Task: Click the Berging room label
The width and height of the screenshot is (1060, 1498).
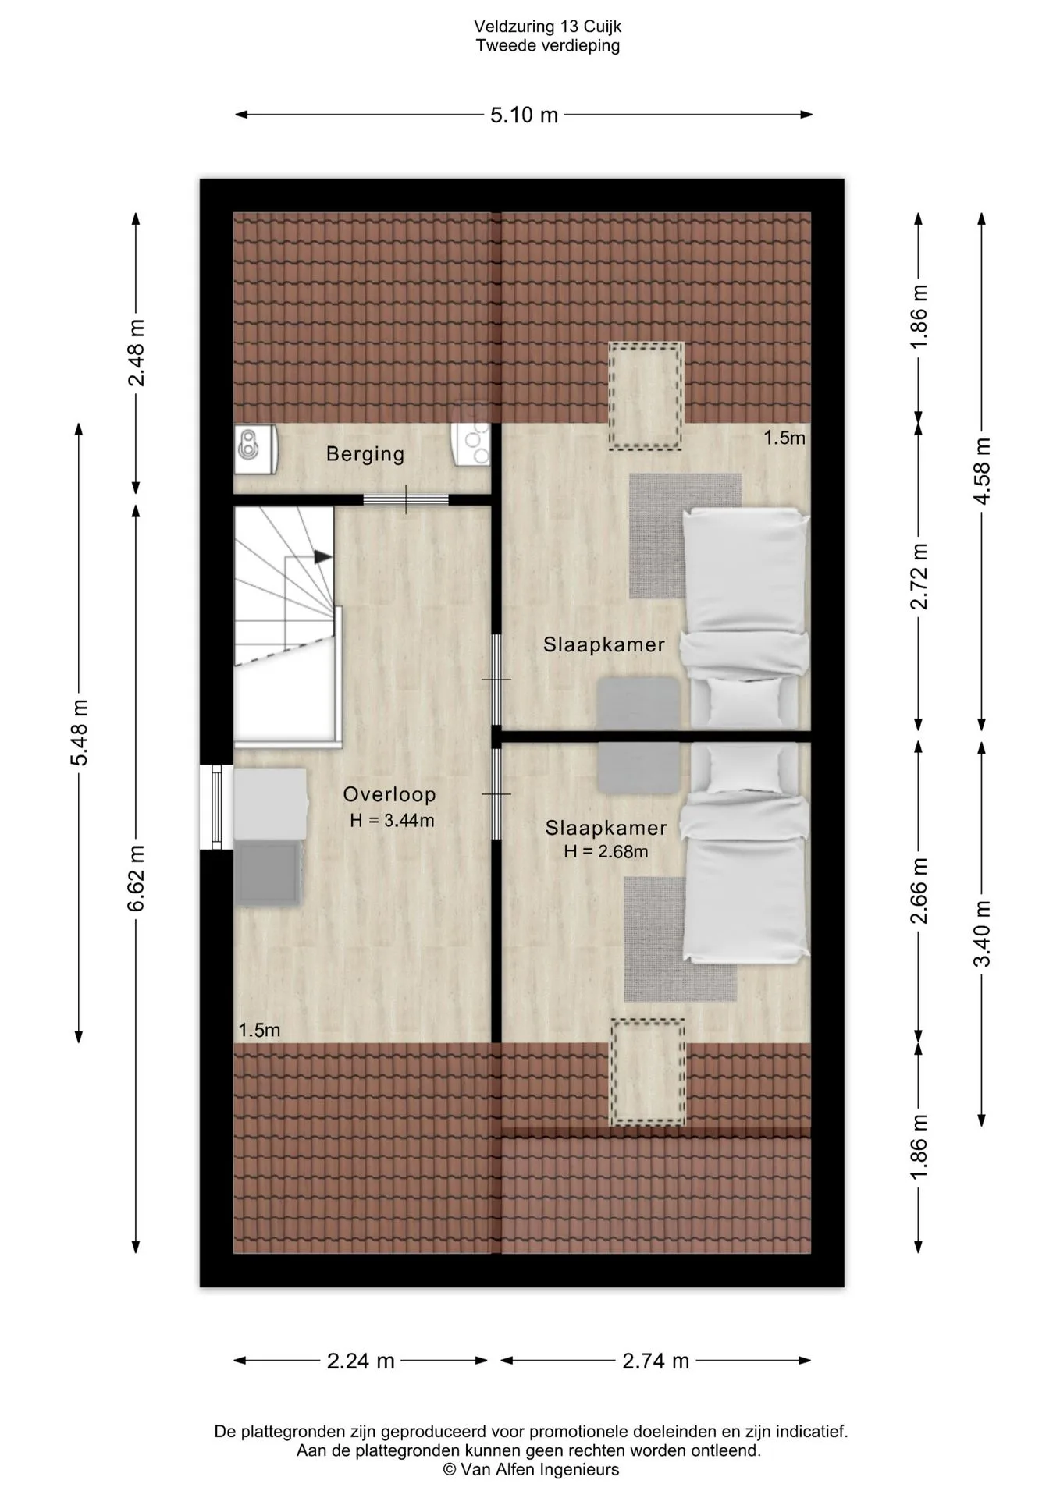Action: coord(365,454)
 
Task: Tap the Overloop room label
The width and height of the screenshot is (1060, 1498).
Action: coord(389,794)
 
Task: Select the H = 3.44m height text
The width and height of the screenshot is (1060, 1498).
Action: coord(392,820)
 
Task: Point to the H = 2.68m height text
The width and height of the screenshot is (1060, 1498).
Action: coord(606,851)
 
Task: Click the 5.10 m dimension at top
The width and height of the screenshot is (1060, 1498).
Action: coord(525,115)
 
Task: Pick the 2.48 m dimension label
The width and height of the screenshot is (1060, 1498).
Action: coord(137,353)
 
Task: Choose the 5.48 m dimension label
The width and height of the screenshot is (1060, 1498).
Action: coord(79,733)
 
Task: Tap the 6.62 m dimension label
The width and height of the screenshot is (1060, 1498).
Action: coord(137,878)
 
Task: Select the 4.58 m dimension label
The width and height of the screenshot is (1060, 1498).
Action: coord(983,470)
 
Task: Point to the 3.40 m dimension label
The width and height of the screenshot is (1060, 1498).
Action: coord(983,933)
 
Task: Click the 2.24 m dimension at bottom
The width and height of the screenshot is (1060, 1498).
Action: coord(361,1361)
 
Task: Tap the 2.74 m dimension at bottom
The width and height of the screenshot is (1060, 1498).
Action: coord(656,1361)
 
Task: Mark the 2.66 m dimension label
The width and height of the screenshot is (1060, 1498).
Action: coord(919,890)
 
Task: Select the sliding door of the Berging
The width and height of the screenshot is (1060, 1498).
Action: coord(406,500)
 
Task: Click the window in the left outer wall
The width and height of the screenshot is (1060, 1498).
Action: coord(216,806)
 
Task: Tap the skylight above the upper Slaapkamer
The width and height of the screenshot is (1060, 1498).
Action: coord(646,396)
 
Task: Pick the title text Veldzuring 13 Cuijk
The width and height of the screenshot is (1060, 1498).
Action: coord(548,27)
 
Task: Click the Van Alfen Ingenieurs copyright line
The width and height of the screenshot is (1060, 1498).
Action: coord(531,1469)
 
